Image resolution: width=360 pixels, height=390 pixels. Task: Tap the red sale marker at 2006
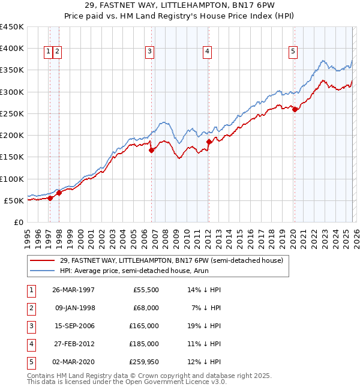point(151,151)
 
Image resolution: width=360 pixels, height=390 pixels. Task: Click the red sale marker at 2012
point(209,142)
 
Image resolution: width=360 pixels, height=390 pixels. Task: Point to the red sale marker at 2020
point(295,109)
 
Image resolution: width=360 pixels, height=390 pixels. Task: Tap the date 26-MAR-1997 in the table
point(74,290)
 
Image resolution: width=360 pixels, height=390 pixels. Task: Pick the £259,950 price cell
point(144,362)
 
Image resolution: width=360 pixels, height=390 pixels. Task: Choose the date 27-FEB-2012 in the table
point(74,344)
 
